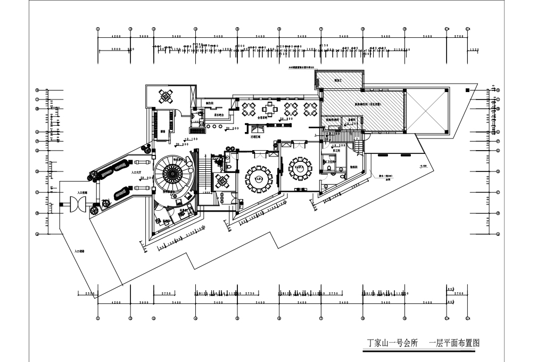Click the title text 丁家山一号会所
(393, 343)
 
